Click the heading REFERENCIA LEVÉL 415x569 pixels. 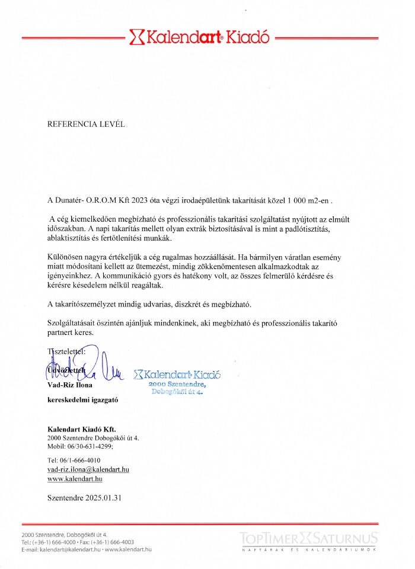[86, 124]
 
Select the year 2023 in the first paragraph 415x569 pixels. [150, 200]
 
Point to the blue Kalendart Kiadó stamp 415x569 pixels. [177, 382]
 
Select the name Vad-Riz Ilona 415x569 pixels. [69, 385]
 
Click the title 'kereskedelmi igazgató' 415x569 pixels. [83, 399]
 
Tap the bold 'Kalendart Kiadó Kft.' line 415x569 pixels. [82, 429]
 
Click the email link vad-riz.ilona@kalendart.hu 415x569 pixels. [88, 469]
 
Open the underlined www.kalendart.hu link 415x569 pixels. [75, 478]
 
